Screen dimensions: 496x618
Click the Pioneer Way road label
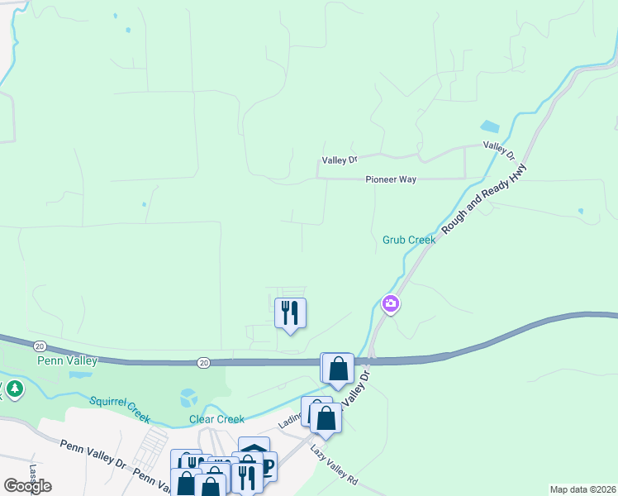pyautogui.click(x=392, y=179)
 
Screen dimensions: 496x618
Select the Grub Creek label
pyautogui.click(x=408, y=240)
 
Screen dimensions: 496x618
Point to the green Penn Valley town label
pyautogui.click(x=68, y=360)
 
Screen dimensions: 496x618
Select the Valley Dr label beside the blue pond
pyautogui.click(x=499, y=150)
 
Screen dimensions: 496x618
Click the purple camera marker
pyautogui.click(x=390, y=304)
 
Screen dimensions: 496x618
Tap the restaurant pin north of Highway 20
pyautogui.click(x=290, y=313)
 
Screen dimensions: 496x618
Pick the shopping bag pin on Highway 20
pyautogui.click(x=338, y=368)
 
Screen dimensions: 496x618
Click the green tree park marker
pyautogui.click(x=14, y=389)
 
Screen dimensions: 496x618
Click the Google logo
pyautogui.click(x=27, y=485)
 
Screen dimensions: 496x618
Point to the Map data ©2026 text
pyautogui.click(x=582, y=489)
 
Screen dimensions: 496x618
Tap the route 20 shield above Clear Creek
pyautogui.click(x=203, y=362)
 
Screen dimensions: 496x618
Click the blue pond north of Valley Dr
pyautogui.click(x=490, y=127)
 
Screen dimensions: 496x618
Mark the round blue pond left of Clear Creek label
pyautogui.click(x=188, y=398)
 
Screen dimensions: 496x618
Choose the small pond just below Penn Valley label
pyautogui.click(x=80, y=374)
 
